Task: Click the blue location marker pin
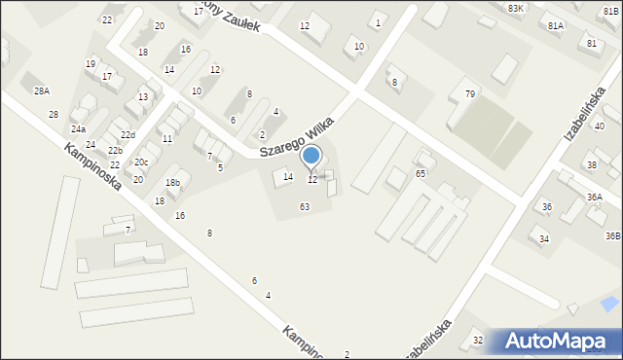coord(311,157)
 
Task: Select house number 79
coord(470,94)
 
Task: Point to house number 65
coord(421,173)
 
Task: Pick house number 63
coord(305,206)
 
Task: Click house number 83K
coord(515,8)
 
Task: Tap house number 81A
coord(556,25)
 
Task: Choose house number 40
coord(600,126)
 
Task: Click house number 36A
coord(594,198)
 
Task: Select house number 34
coord(544,238)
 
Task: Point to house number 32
coord(477,340)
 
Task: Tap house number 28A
coord(42,90)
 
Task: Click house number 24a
coord(78,129)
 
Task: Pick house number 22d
coord(128,135)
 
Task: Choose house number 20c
coord(141,162)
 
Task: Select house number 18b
coord(172,183)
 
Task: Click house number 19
coord(91,63)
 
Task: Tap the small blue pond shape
coord(609,305)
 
